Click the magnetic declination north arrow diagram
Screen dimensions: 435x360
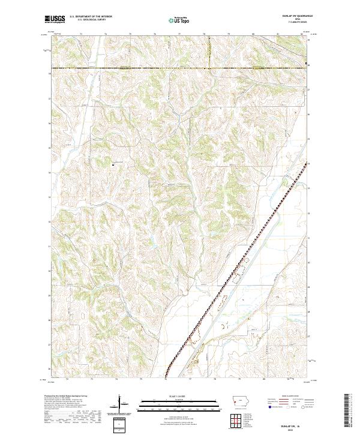pyautogui.click(x=120, y=405)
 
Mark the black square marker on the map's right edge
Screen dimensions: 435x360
pyautogui.click(x=308, y=64)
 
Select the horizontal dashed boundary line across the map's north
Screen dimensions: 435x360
pyautogui.click(x=180, y=68)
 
